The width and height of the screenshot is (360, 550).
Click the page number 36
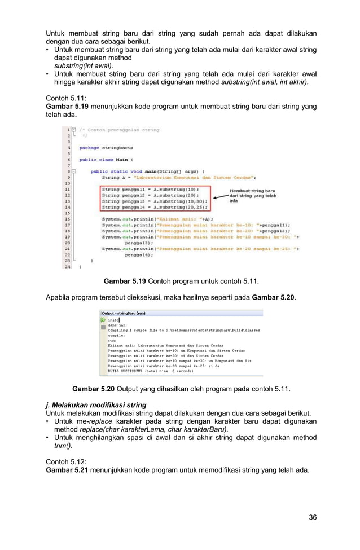(x=312, y=517)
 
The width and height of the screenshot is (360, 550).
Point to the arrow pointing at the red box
(x=219, y=196)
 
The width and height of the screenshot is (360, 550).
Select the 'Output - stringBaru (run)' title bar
(x=124, y=313)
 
